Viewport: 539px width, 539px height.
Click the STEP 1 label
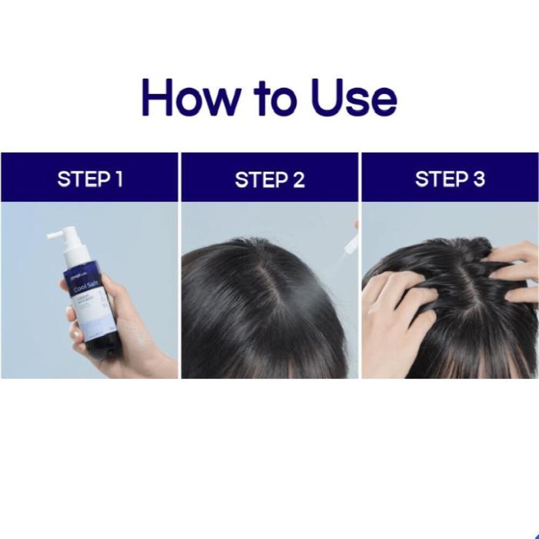pyautogui.click(x=90, y=179)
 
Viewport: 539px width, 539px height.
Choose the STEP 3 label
pyautogui.click(x=450, y=179)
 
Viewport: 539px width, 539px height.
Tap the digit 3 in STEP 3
pyautogui.click(x=479, y=179)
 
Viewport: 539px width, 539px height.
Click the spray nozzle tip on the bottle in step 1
pyautogui.click(x=50, y=236)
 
